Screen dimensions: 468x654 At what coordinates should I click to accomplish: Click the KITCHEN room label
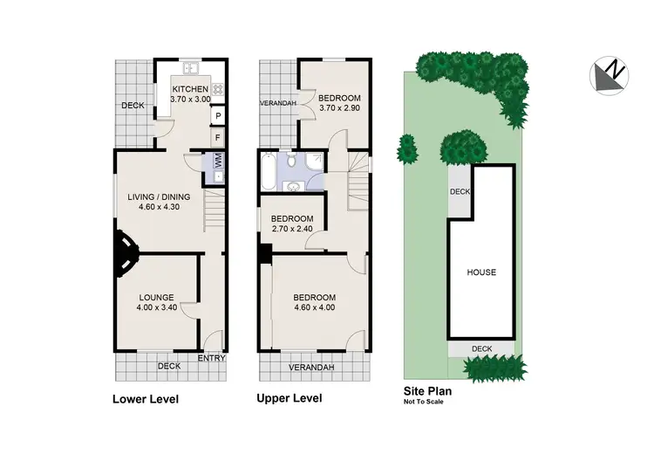[189, 89]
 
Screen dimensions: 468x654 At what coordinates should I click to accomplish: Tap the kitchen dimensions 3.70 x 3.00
[189, 100]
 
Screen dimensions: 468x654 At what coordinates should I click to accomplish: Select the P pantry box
[217, 116]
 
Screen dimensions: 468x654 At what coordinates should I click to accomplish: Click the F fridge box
[217, 138]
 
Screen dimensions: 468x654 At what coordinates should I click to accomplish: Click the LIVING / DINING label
[159, 196]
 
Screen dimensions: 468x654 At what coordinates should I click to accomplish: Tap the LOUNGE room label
[157, 297]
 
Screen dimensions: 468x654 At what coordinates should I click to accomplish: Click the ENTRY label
[212, 358]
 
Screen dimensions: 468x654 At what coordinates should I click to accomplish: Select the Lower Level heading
[146, 400]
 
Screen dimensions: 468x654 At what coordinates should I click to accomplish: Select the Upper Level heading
[289, 398]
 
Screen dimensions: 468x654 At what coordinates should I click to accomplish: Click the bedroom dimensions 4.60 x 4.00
[315, 307]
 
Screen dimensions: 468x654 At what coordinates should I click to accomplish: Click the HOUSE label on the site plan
[480, 272]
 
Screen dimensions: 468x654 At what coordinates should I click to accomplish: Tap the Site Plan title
[427, 392]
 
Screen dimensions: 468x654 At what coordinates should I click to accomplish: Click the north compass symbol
[610, 75]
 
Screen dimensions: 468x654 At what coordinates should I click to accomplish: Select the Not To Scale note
[423, 403]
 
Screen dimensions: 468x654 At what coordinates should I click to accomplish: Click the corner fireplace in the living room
[124, 253]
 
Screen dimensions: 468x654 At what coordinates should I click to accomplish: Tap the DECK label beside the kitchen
[133, 107]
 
